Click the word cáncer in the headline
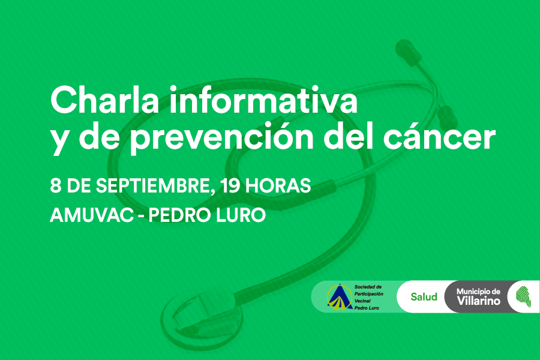coord(440,137)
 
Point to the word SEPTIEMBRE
coord(153,186)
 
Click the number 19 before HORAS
coord(230,185)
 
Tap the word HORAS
coord(278,185)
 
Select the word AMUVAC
coord(92,215)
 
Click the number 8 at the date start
coord(56,185)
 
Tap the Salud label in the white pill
coord(424,296)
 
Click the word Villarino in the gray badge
coord(479,301)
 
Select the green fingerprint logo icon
coord(523,296)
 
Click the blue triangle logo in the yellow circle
coord(340,296)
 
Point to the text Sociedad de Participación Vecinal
coord(369,294)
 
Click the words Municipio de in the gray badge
coord(478,292)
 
